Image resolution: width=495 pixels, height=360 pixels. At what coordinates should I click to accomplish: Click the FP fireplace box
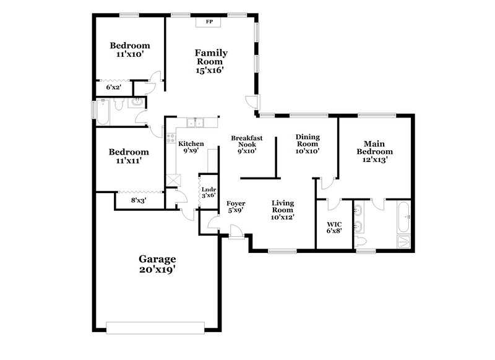point(209,22)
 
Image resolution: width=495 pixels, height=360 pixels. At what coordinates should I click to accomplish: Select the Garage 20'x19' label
point(157,264)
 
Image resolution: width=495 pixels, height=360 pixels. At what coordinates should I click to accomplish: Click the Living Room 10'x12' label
point(282,210)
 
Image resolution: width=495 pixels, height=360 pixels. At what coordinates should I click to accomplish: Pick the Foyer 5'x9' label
point(236,207)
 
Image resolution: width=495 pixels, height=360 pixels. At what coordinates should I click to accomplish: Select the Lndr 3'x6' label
point(207,191)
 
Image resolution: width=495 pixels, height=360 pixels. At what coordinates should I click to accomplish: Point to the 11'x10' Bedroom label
point(130,49)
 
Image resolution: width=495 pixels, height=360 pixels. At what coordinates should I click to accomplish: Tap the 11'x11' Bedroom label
point(129,156)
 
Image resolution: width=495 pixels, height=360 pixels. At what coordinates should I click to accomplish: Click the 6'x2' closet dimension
point(114,88)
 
